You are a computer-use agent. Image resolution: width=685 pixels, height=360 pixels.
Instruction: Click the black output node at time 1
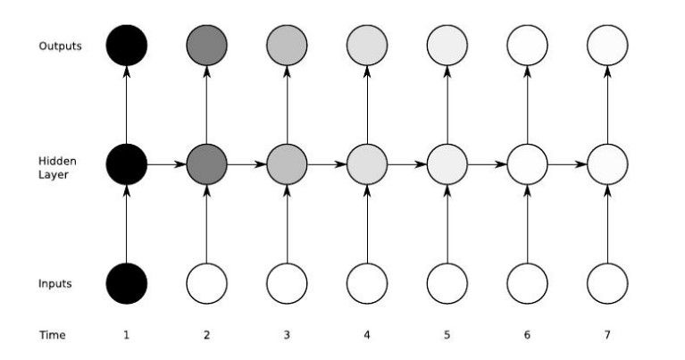(x=127, y=46)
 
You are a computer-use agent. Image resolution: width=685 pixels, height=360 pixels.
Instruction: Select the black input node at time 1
(x=127, y=283)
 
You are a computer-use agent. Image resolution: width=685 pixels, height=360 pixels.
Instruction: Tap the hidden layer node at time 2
(x=206, y=164)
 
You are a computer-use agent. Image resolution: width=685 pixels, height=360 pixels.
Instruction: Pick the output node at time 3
(x=287, y=46)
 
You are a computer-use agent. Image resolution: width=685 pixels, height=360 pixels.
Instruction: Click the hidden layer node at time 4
(x=367, y=164)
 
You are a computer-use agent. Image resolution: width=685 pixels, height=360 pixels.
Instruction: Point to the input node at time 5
(x=447, y=283)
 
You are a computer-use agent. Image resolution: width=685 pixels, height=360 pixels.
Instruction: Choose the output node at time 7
(x=607, y=46)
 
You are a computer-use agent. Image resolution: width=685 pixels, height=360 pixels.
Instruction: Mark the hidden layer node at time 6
(x=527, y=164)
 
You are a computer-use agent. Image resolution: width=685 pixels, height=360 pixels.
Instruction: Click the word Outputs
(x=61, y=46)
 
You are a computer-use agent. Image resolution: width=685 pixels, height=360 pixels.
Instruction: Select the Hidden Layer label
(x=58, y=168)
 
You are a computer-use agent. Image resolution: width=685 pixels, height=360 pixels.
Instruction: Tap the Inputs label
(x=55, y=284)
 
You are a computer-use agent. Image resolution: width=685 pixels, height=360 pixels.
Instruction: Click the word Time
(x=53, y=335)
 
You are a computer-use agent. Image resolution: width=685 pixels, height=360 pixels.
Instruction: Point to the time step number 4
(x=367, y=335)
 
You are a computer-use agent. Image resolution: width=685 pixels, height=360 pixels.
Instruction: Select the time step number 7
(x=607, y=335)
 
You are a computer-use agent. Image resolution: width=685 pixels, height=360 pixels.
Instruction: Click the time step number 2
(x=206, y=335)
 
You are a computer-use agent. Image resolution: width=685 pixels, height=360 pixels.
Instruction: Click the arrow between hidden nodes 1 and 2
(x=166, y=164)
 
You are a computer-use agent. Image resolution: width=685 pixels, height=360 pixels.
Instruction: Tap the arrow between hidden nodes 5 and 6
(x=487, y=164)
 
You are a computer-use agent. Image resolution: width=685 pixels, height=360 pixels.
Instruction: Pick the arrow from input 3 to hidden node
(x=287, y=224)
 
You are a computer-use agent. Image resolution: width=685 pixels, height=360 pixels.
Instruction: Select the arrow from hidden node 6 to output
(x=527, y=105)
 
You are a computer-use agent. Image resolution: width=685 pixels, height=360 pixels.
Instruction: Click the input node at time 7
(x=607, y=283)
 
